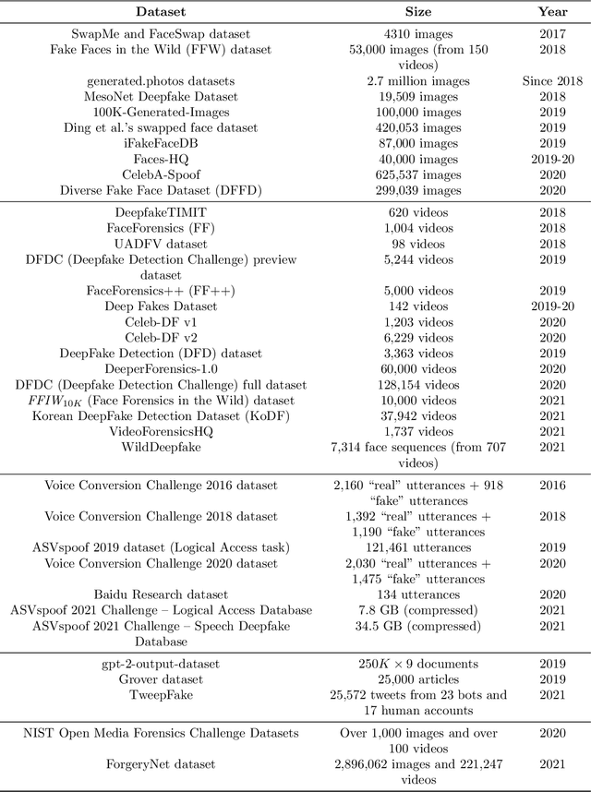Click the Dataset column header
tap(161, 13)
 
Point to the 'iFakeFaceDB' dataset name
tap(161, 143)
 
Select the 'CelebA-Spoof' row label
tap(161, 174)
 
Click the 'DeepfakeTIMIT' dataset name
tap(161, 211)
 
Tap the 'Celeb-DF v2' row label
tap(161, 337)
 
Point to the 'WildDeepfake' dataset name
tap(161, 447)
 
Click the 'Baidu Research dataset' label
tap(161, 594)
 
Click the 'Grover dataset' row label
tap(161, 678)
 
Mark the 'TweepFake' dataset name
tap(161, 694)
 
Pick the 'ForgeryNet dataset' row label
tap(161, 763)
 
